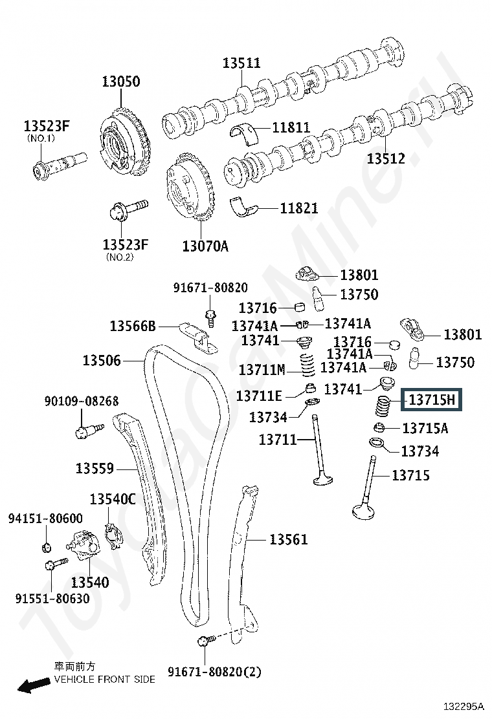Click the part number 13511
241,63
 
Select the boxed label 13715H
431,400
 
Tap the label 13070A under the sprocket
205,246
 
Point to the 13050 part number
120,81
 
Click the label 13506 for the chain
102,360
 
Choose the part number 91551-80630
52,598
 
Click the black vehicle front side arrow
34,685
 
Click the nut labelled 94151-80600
46,546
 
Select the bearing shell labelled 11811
243,134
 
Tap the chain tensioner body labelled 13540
83,544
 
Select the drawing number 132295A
464,705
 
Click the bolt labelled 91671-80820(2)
206,641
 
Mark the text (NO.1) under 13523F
41,138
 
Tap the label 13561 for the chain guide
288,539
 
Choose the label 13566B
133,326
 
